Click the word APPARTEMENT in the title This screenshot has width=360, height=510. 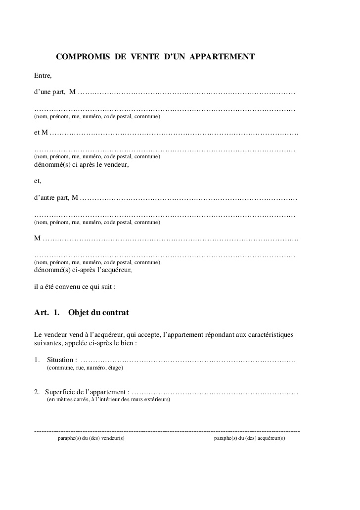[x=222, y=57]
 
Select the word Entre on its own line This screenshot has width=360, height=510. [x=43, y=76]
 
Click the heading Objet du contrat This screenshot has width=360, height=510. [x=99, y=313]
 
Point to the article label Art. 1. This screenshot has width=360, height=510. [x=46, y=313]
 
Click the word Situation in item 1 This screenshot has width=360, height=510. [x=62, y=360]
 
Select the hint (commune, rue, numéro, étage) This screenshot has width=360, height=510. [x=85, y=368]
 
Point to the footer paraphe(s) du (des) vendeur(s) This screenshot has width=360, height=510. [x=91, y=438]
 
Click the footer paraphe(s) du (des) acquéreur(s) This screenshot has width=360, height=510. [x=250, y=438]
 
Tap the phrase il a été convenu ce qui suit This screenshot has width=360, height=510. [x=75, y=286]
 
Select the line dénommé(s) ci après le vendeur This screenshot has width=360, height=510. [x=81, y=165]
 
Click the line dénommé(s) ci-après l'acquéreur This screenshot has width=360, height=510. [x=83, y=271]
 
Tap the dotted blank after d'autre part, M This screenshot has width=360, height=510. [x=188, y=198]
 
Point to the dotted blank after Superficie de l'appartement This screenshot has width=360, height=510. [x=216, y=393]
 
